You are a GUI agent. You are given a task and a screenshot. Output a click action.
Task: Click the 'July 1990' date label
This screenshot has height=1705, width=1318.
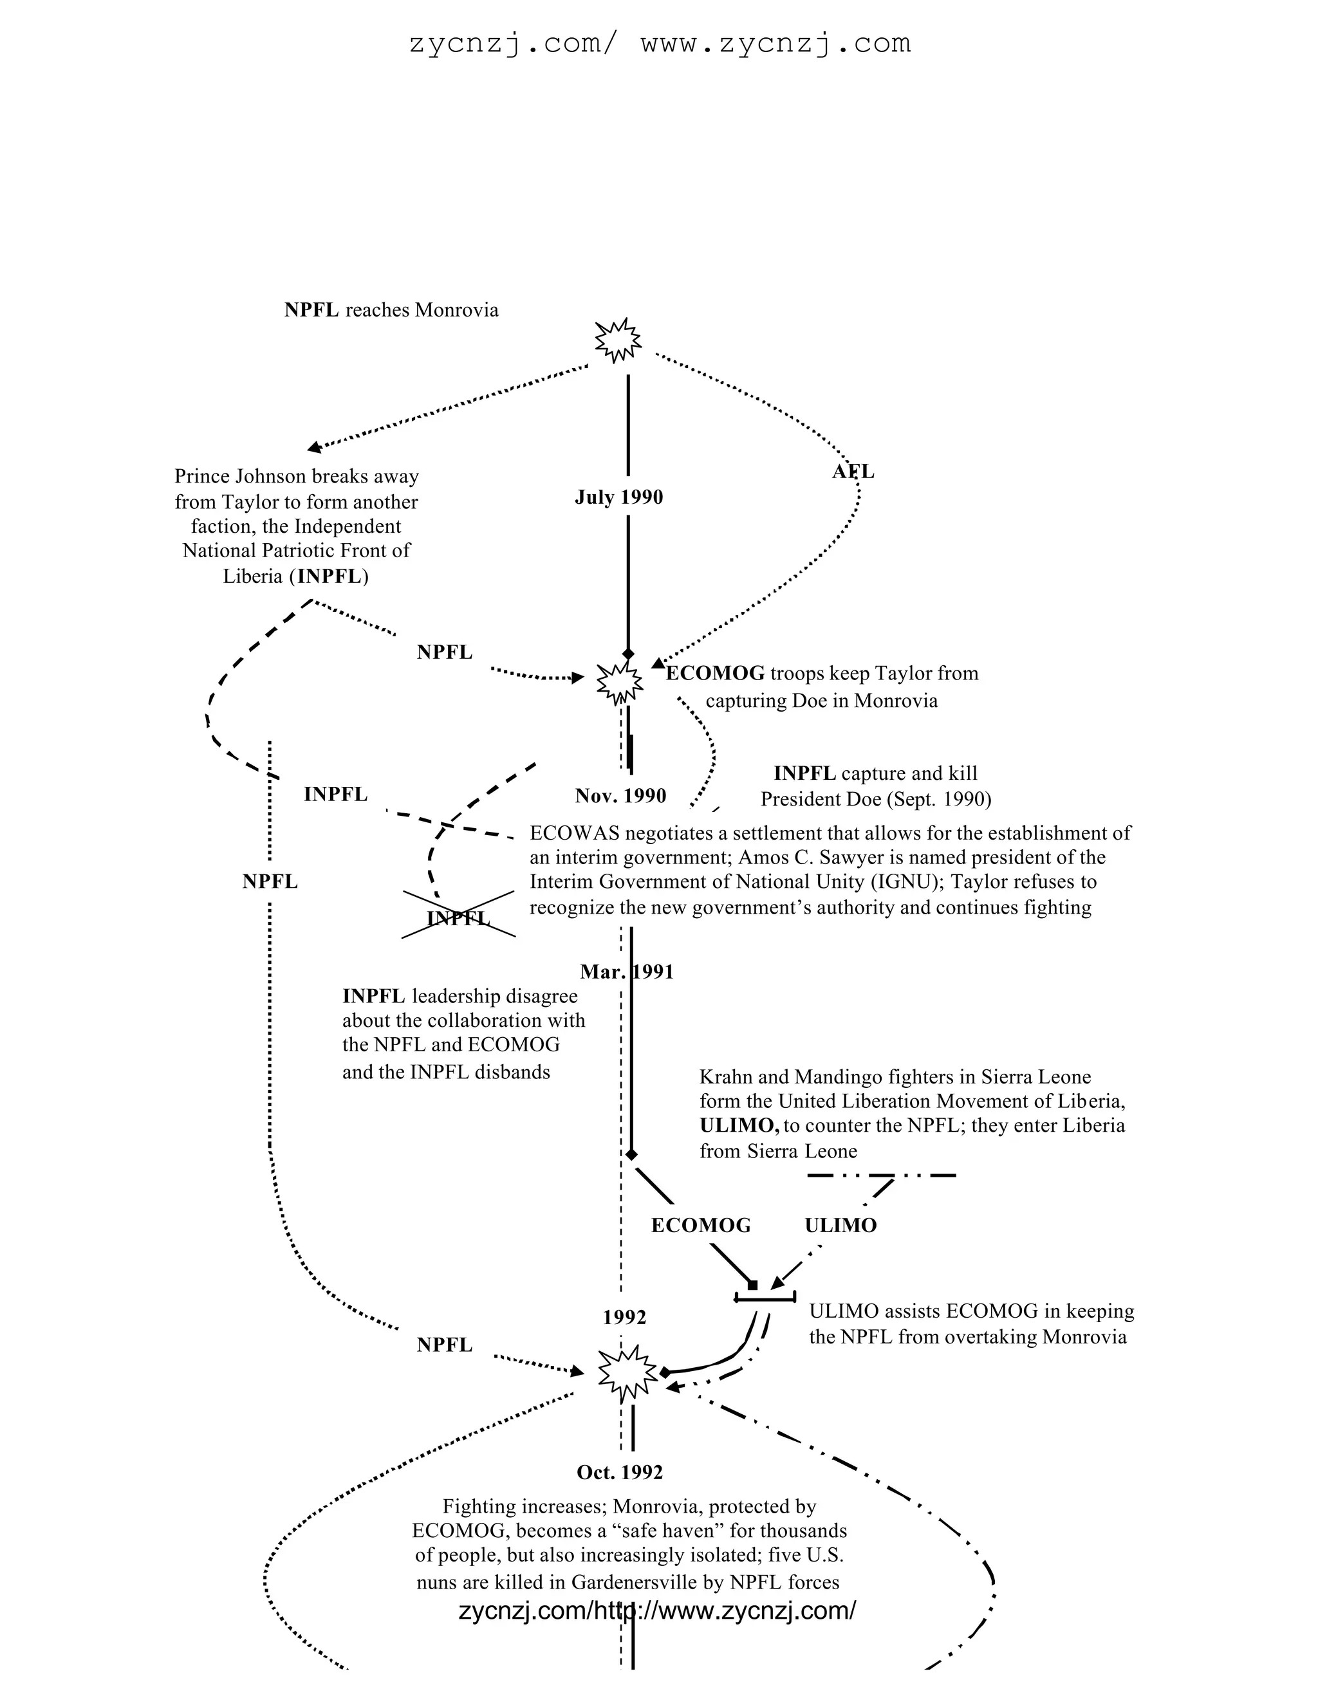coord(618,497)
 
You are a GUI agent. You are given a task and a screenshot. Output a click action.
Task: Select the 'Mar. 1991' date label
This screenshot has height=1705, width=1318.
coord(626,972)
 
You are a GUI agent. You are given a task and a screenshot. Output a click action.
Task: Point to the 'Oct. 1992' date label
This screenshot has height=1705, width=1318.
coord(619,1472)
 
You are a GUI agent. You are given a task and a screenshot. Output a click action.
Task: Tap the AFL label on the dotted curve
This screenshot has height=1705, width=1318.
coord(853,472)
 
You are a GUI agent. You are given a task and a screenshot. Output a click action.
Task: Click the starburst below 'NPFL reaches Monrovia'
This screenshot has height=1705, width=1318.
coord(618,340)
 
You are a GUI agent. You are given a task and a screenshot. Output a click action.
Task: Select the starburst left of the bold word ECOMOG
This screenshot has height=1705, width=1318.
coord(620,682)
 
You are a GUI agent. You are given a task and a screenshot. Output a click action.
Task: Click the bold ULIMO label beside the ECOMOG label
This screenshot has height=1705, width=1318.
coord(841,1226)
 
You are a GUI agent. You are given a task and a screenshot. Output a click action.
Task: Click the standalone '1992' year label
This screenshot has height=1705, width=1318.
coord(625,1318)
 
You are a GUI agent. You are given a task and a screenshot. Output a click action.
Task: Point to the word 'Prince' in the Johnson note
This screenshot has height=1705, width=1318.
coord(202,476)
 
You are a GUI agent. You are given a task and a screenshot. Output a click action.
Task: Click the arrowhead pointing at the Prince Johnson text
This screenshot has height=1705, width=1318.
coord(315,447)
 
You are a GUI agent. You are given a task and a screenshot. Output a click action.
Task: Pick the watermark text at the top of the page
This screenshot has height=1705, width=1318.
coord(660,43)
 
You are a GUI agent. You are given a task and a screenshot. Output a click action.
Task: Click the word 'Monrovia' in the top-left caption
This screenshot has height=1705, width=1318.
coord(457,311)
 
